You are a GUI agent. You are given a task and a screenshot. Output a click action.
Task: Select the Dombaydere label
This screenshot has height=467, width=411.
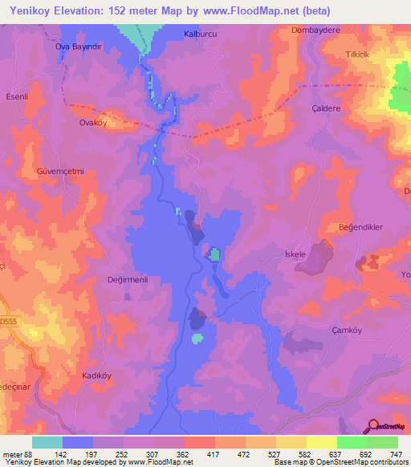click(310, 30)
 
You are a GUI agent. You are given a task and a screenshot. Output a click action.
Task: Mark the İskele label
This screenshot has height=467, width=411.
click(296, 254)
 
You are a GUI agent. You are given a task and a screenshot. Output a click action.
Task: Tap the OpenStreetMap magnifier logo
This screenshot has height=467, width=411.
click(373, 427)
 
